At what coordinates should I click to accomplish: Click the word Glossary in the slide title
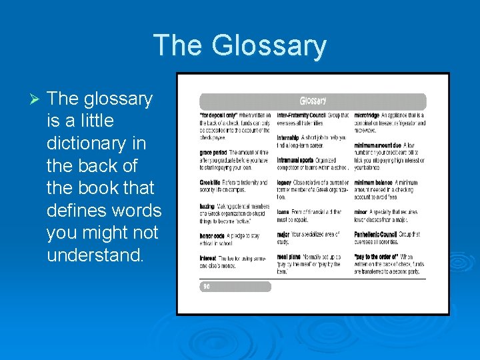269,45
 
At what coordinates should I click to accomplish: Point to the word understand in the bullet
94,255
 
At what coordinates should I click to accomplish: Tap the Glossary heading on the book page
313,101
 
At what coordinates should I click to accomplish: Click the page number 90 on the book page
206,287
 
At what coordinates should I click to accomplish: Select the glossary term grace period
213,152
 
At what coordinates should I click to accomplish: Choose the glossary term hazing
207,206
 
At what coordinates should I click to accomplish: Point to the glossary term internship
291,137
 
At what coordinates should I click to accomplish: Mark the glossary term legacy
285,183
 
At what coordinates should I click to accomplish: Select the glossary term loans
284,212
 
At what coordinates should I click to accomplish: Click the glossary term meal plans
291,257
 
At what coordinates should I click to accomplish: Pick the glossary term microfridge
367,115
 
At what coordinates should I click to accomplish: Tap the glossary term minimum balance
374,183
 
